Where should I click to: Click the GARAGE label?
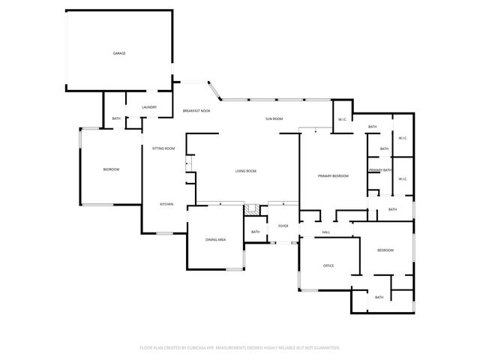(x=118, y=53)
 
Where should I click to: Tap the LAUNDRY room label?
(x=149, y=107)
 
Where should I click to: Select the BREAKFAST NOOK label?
(x=196, y=111)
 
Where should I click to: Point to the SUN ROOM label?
(x=274, y=119)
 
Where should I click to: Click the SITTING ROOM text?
(x=163, y=148)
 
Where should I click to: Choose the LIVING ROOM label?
(x=246, y=171)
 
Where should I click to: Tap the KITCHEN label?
(x=166, y=204)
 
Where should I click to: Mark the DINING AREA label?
(x=216, y=239)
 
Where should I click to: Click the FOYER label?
(x=283, y=226)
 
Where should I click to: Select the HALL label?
(x=326, y=232)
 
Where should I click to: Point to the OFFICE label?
(x=328, y=265)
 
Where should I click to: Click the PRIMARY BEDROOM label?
(x=333, y=175)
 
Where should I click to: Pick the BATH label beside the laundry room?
(x=116, y=118)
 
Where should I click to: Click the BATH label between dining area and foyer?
(x=255, y=232)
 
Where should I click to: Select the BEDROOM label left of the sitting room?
(x=111, y=169)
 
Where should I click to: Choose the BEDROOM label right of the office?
(x=385, y=250)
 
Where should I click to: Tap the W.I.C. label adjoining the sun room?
(x=341, y=119)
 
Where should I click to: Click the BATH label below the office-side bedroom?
(x=379, y=297)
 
